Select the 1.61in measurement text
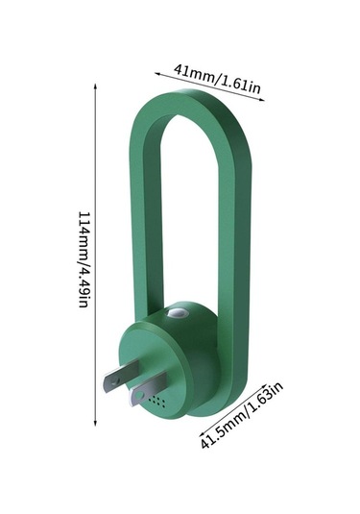[x=239, y=85]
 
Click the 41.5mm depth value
[x=223, y=428]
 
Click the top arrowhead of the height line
[x=95, y=86]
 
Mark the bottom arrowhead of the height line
[x=95, y=423]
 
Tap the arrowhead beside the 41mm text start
[x=157, y=74]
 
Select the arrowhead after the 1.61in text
[x=261, y=99]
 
